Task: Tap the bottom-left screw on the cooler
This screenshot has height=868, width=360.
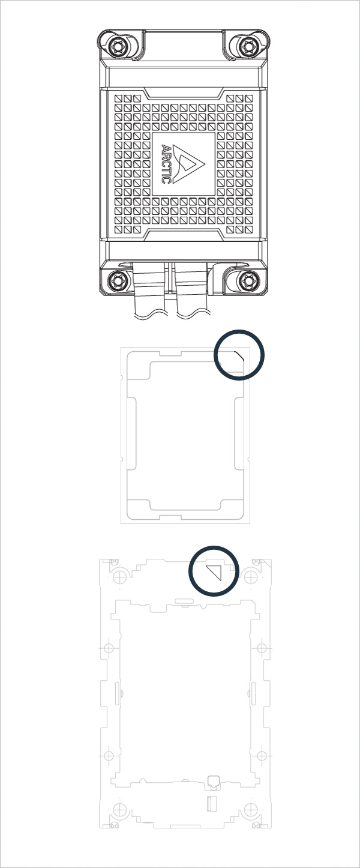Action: pos(114,280)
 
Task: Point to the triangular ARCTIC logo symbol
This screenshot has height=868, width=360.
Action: pos(191,164)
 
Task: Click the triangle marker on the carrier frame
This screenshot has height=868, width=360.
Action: pos(215,571)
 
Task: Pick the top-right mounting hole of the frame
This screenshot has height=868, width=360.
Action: pos(248,576)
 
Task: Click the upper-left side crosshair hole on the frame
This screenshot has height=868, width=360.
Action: pos(109,648)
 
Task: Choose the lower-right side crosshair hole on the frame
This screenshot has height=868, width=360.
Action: pos(261,755)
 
